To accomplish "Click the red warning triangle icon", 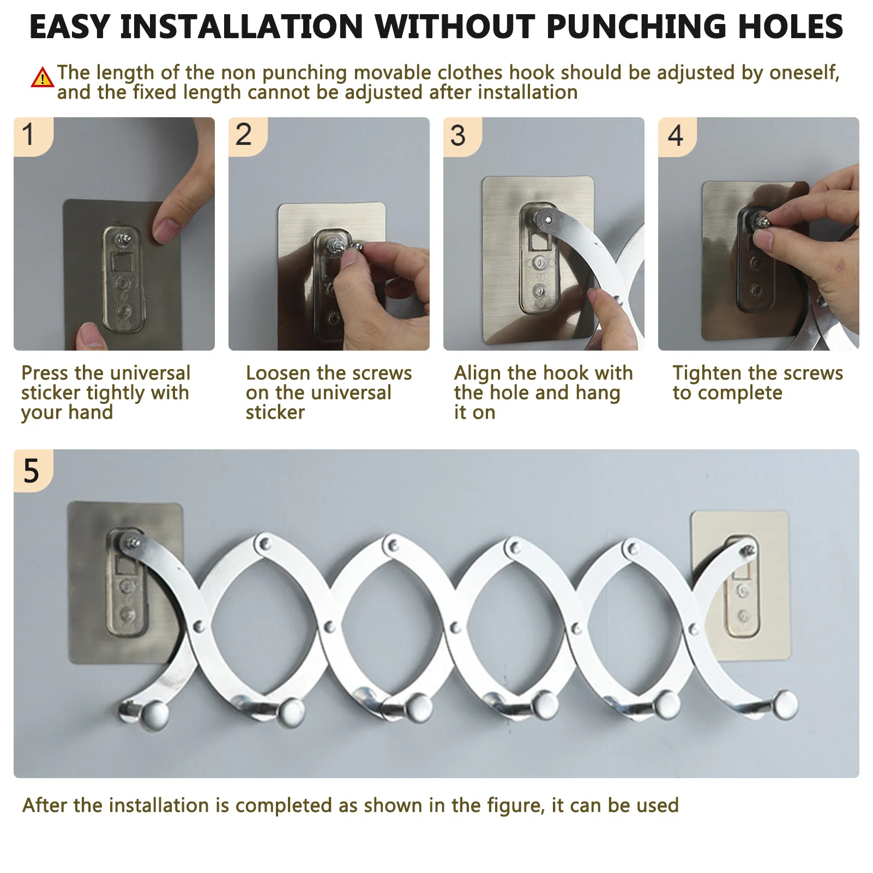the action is click(x=42, y=77).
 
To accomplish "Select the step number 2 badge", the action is click(x=247, y=136).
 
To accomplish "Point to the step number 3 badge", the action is click(x=462, y=136).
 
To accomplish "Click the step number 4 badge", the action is click(x=677, y=136).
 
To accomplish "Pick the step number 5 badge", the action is click(x=33, y=471).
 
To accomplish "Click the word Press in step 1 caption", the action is click(x=45, y=373).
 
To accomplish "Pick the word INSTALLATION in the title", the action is click(x=242, y=27).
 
